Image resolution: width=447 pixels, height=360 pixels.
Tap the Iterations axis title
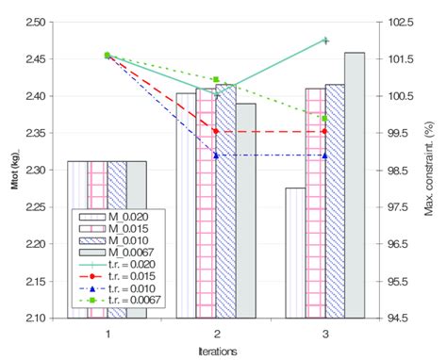216,350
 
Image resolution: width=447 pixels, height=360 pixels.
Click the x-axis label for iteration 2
216,333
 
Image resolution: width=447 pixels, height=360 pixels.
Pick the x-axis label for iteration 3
324,333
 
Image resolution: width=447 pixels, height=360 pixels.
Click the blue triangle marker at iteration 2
216,155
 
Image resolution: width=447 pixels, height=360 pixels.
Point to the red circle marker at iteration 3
324,132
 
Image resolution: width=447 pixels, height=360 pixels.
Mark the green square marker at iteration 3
324,119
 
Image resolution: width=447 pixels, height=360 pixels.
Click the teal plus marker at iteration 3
324,41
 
